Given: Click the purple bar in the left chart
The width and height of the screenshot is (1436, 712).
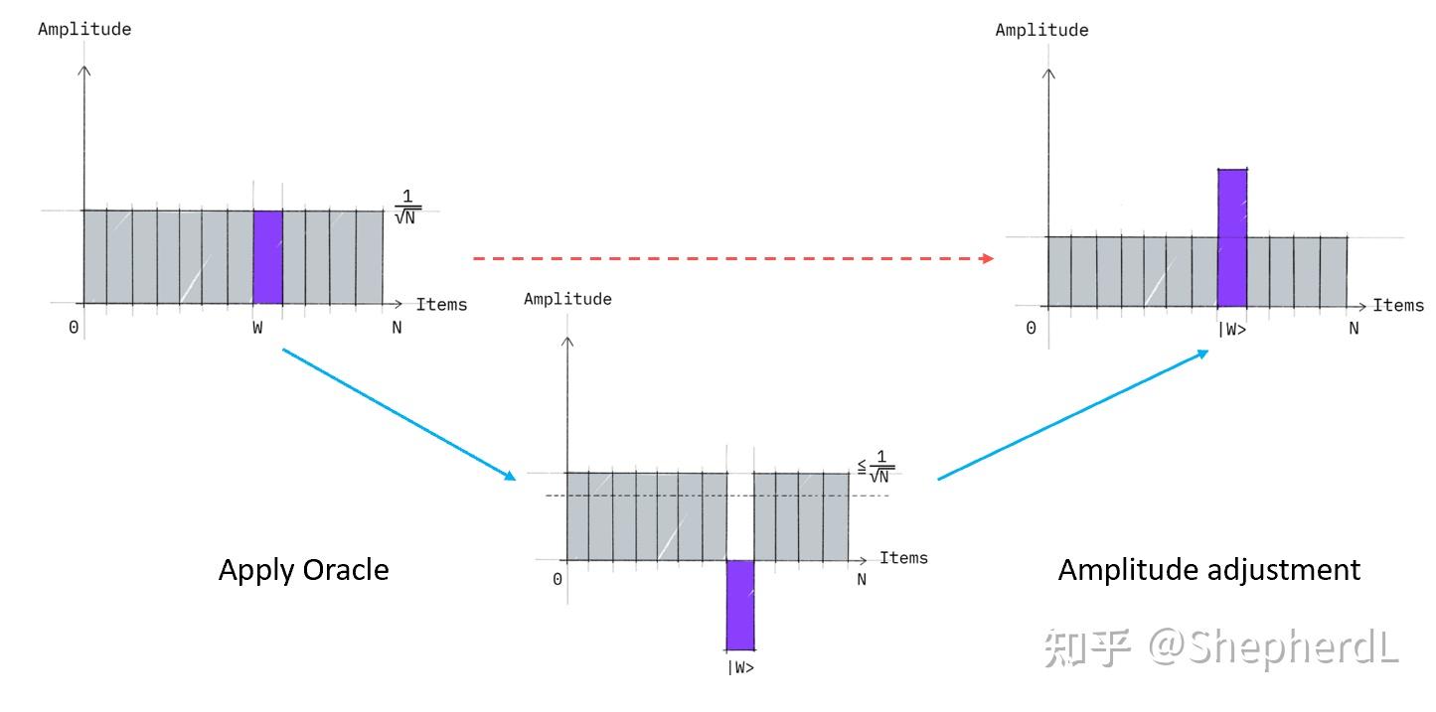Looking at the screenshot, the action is [268, 257].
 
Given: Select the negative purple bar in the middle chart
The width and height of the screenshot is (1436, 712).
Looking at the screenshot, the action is [740, 604].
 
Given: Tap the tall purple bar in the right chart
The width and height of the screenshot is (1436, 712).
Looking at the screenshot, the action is [1232, 238].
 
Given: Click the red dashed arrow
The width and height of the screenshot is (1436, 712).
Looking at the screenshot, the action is [733, 258].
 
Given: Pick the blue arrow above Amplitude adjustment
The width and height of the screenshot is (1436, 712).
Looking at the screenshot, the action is [1073, 415].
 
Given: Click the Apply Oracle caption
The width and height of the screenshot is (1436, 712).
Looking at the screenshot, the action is [303, 570].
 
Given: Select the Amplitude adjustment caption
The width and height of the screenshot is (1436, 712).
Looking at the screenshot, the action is [1208, 570].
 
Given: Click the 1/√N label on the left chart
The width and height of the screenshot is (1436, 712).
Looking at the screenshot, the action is [407, 207].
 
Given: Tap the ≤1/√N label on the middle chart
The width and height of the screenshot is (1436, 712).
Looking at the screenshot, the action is [877, 466].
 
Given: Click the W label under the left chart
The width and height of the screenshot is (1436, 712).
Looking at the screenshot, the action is [257, 328].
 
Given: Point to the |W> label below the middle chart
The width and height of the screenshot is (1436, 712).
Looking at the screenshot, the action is [740, 667].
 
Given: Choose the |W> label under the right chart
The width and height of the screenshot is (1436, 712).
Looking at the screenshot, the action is [1232, 330].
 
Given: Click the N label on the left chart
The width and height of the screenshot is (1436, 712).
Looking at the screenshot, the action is [397, 328].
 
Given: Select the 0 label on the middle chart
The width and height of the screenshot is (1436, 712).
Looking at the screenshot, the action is [558, 580].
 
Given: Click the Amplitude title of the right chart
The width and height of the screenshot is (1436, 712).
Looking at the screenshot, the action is [1041, 30].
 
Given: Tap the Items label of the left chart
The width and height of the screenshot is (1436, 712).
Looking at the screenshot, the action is [441, 304].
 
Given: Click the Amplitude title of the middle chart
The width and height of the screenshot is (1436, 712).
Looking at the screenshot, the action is [567, 299].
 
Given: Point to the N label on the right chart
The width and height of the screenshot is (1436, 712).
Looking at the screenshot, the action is [1354, 329].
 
